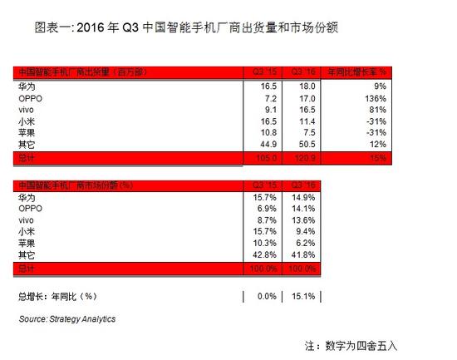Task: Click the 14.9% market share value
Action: [x=307, y=196]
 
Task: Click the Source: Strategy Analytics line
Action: [x=67, y=318]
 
